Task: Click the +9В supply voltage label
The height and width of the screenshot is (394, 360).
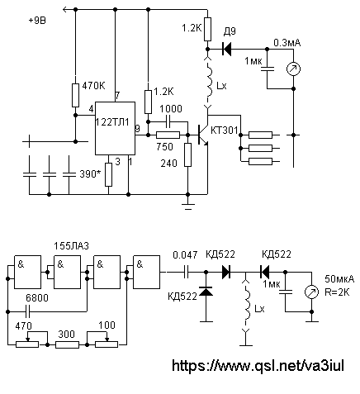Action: (x=37, y=21)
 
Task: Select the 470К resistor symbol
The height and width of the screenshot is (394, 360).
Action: (x=75, y=95)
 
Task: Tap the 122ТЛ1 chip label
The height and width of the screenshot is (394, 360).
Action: (x=112, y=122)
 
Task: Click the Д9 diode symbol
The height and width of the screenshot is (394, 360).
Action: (x=226, y=50)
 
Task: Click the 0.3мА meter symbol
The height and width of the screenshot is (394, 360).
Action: (x=293, y=69)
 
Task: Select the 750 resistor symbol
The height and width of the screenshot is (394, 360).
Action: (x=168, y=135)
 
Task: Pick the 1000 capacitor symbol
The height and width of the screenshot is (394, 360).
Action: (x=168, y=121)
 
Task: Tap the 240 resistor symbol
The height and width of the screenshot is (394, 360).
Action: (x=187, y=154)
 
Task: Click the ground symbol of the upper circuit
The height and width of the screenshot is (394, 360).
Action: (x=188, y=206)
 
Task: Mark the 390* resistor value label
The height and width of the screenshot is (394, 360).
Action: (x=90, y=174)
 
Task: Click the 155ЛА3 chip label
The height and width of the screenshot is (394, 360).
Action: (x=71, y=246)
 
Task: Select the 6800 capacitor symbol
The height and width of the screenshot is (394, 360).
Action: (x=27, y=311)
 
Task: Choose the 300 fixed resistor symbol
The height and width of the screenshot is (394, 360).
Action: (x=67, y=344)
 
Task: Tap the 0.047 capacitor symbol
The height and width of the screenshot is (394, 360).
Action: (x=187, y=273)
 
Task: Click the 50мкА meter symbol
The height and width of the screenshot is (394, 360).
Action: (x=311, y=292)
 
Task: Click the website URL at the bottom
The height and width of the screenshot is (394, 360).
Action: (x=258, y=366)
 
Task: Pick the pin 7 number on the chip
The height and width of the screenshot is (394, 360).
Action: (x=117, y=96)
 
